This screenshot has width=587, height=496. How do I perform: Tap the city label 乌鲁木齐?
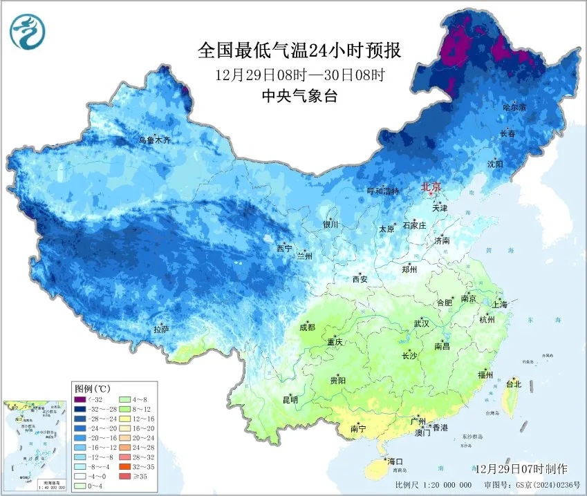coord(153,140)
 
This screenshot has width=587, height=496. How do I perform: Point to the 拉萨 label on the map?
coord(161,329)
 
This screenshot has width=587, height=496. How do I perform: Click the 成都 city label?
coord(306,327)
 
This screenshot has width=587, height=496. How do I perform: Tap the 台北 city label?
coord(514,383)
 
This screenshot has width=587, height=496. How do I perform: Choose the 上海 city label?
coord(499,304)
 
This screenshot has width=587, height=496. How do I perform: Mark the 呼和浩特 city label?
coord(382,191)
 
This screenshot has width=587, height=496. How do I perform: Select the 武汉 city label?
coord(421,323)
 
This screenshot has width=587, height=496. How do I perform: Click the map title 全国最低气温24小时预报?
coord(299,50)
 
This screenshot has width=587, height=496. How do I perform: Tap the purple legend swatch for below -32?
coord(81,399)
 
